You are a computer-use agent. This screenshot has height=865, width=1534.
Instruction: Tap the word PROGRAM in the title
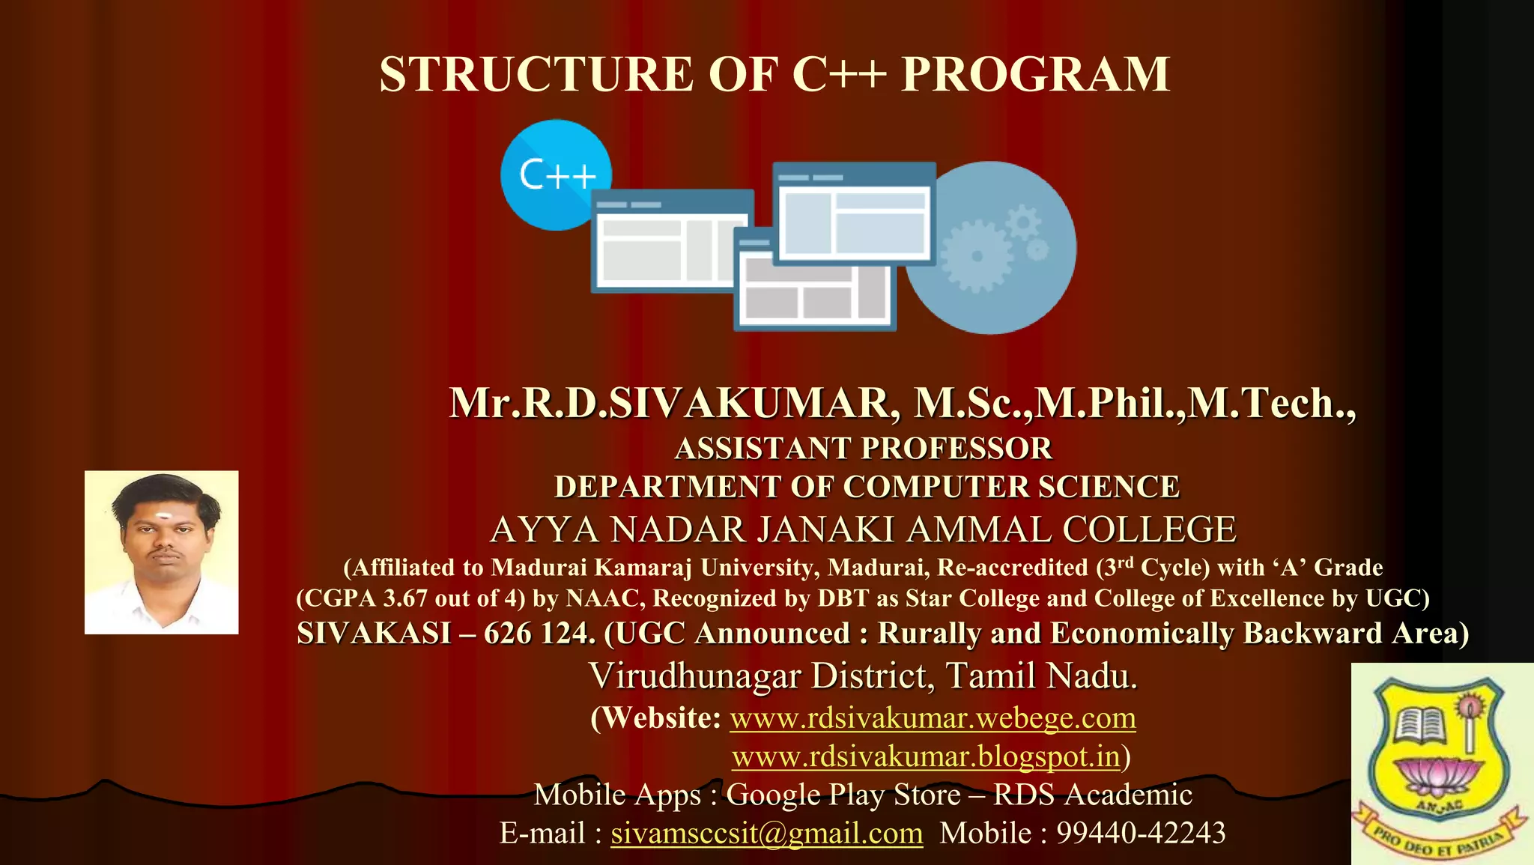click(1035, 74)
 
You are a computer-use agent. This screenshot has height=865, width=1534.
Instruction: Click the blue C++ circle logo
click(556, 174)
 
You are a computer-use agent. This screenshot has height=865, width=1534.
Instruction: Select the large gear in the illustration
click(976, 255)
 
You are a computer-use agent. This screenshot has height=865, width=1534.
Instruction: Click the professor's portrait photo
click(161, 552)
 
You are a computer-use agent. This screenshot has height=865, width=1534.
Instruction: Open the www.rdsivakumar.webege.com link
click(933, 717)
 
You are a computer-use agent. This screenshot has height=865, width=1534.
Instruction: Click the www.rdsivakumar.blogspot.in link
click(926, 756)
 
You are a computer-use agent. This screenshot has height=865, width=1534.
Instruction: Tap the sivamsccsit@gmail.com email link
click(766, 833)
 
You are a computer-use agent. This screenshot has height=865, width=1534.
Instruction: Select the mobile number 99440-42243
click(1141, 833)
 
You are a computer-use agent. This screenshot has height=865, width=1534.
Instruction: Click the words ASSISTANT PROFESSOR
click(863, 448)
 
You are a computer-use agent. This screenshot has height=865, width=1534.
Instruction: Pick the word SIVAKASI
click(374, 634)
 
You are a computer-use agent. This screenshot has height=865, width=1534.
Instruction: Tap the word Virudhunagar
click(694, 676)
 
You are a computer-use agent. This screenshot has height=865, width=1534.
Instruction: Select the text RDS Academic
click(1092, 794)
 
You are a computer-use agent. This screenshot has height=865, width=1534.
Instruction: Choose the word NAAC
click(604, 598)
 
